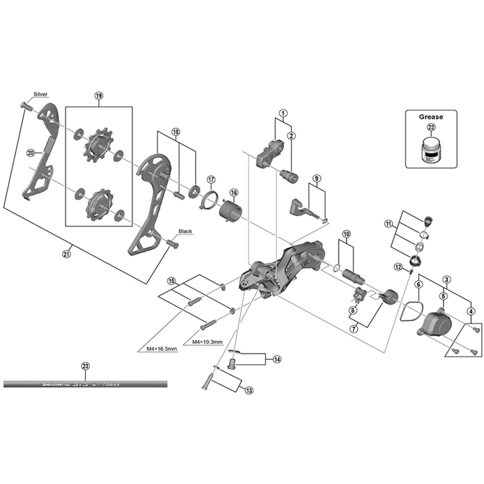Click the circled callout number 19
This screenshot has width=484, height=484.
pyautogui.click(x=99, y=96)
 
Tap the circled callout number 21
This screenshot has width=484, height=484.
pyautogui.click(x=66, y=254)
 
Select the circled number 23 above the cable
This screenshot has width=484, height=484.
pyautogui.click(x=85, y=366)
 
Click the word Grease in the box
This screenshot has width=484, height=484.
pyautogui.click(x=431, y=117)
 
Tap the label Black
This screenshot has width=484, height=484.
pyautogui.click(x=185, y=231)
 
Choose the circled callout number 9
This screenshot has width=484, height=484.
pyautogui.click(x=317, y=178)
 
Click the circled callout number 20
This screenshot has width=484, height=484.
pyautogui.click(x=30, y=153)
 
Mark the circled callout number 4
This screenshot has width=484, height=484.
pyautogui.click(x=471, y=311)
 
